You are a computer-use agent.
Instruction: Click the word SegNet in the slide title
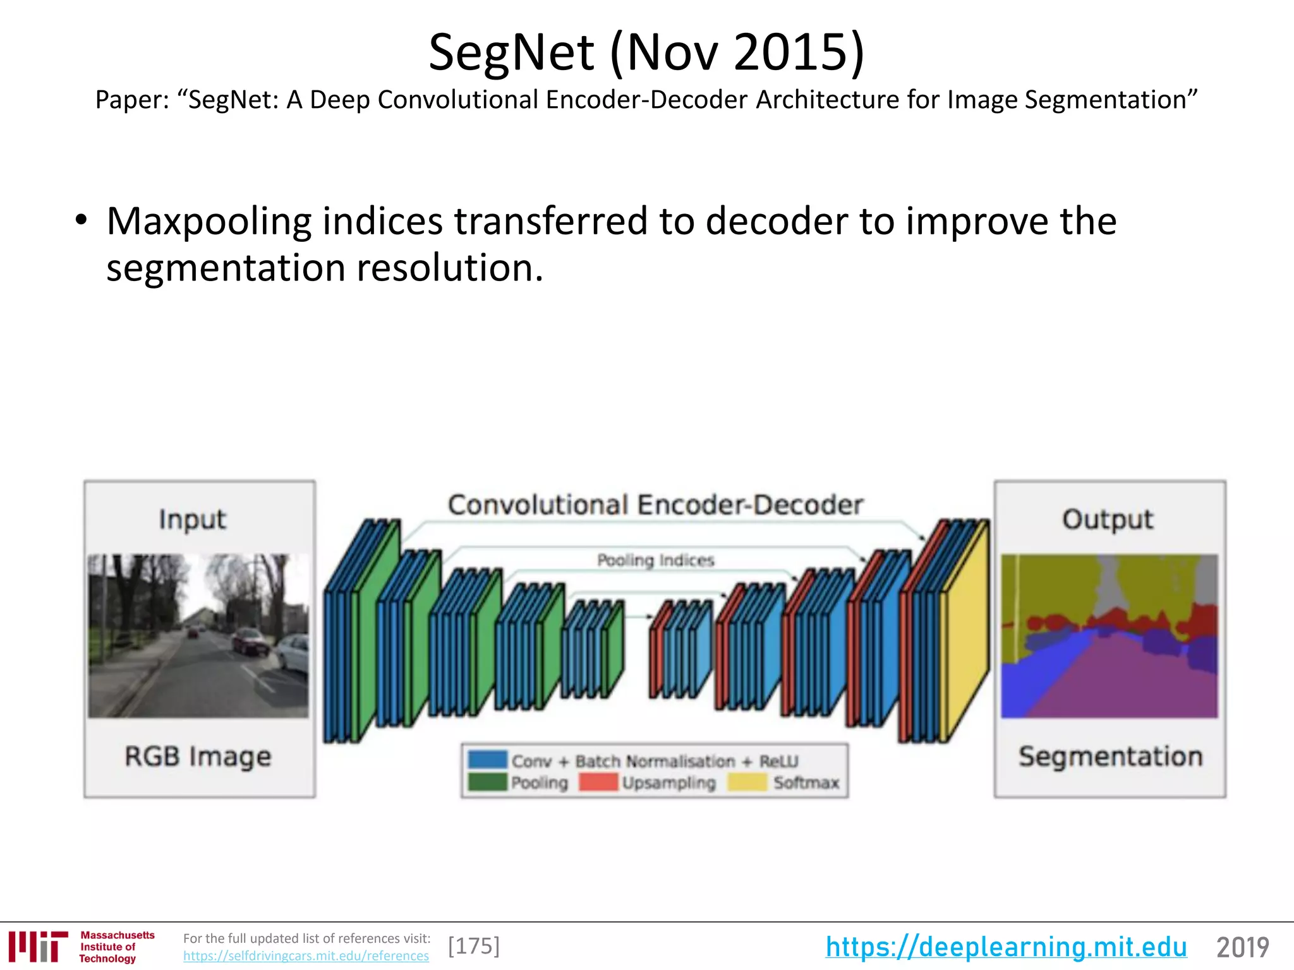(x=511, y=53)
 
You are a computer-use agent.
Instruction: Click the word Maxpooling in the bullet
(x=209, y=222)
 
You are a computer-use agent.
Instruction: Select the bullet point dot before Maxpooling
(x=80, y=221)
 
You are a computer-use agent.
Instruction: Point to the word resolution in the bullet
(x=449, y=268)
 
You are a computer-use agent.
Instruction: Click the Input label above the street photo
(x=192, y=520)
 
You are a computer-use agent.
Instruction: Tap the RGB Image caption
(x=198, y=757)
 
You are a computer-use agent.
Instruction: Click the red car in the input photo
(x=250, y=641)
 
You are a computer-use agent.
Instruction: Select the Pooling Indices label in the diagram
(x=655, y=560)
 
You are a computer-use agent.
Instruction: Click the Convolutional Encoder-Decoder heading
(x=655, y=505)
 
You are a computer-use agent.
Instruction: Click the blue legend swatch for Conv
(x=487, y=759)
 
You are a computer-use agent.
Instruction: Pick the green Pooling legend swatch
(x=487, y=782)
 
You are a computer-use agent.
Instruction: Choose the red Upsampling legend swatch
(x=598, y=782)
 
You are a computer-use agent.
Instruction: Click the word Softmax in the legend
(x=806, y=783)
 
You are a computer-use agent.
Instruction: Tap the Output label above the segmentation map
(x=1108, y=520)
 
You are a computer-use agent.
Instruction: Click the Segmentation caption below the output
(x=1110, y=757)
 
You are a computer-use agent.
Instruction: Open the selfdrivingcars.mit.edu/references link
(x=306, y=956)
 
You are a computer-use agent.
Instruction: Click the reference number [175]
(x=474, y=946)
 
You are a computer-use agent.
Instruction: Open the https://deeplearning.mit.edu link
(x=1006, y=947)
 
